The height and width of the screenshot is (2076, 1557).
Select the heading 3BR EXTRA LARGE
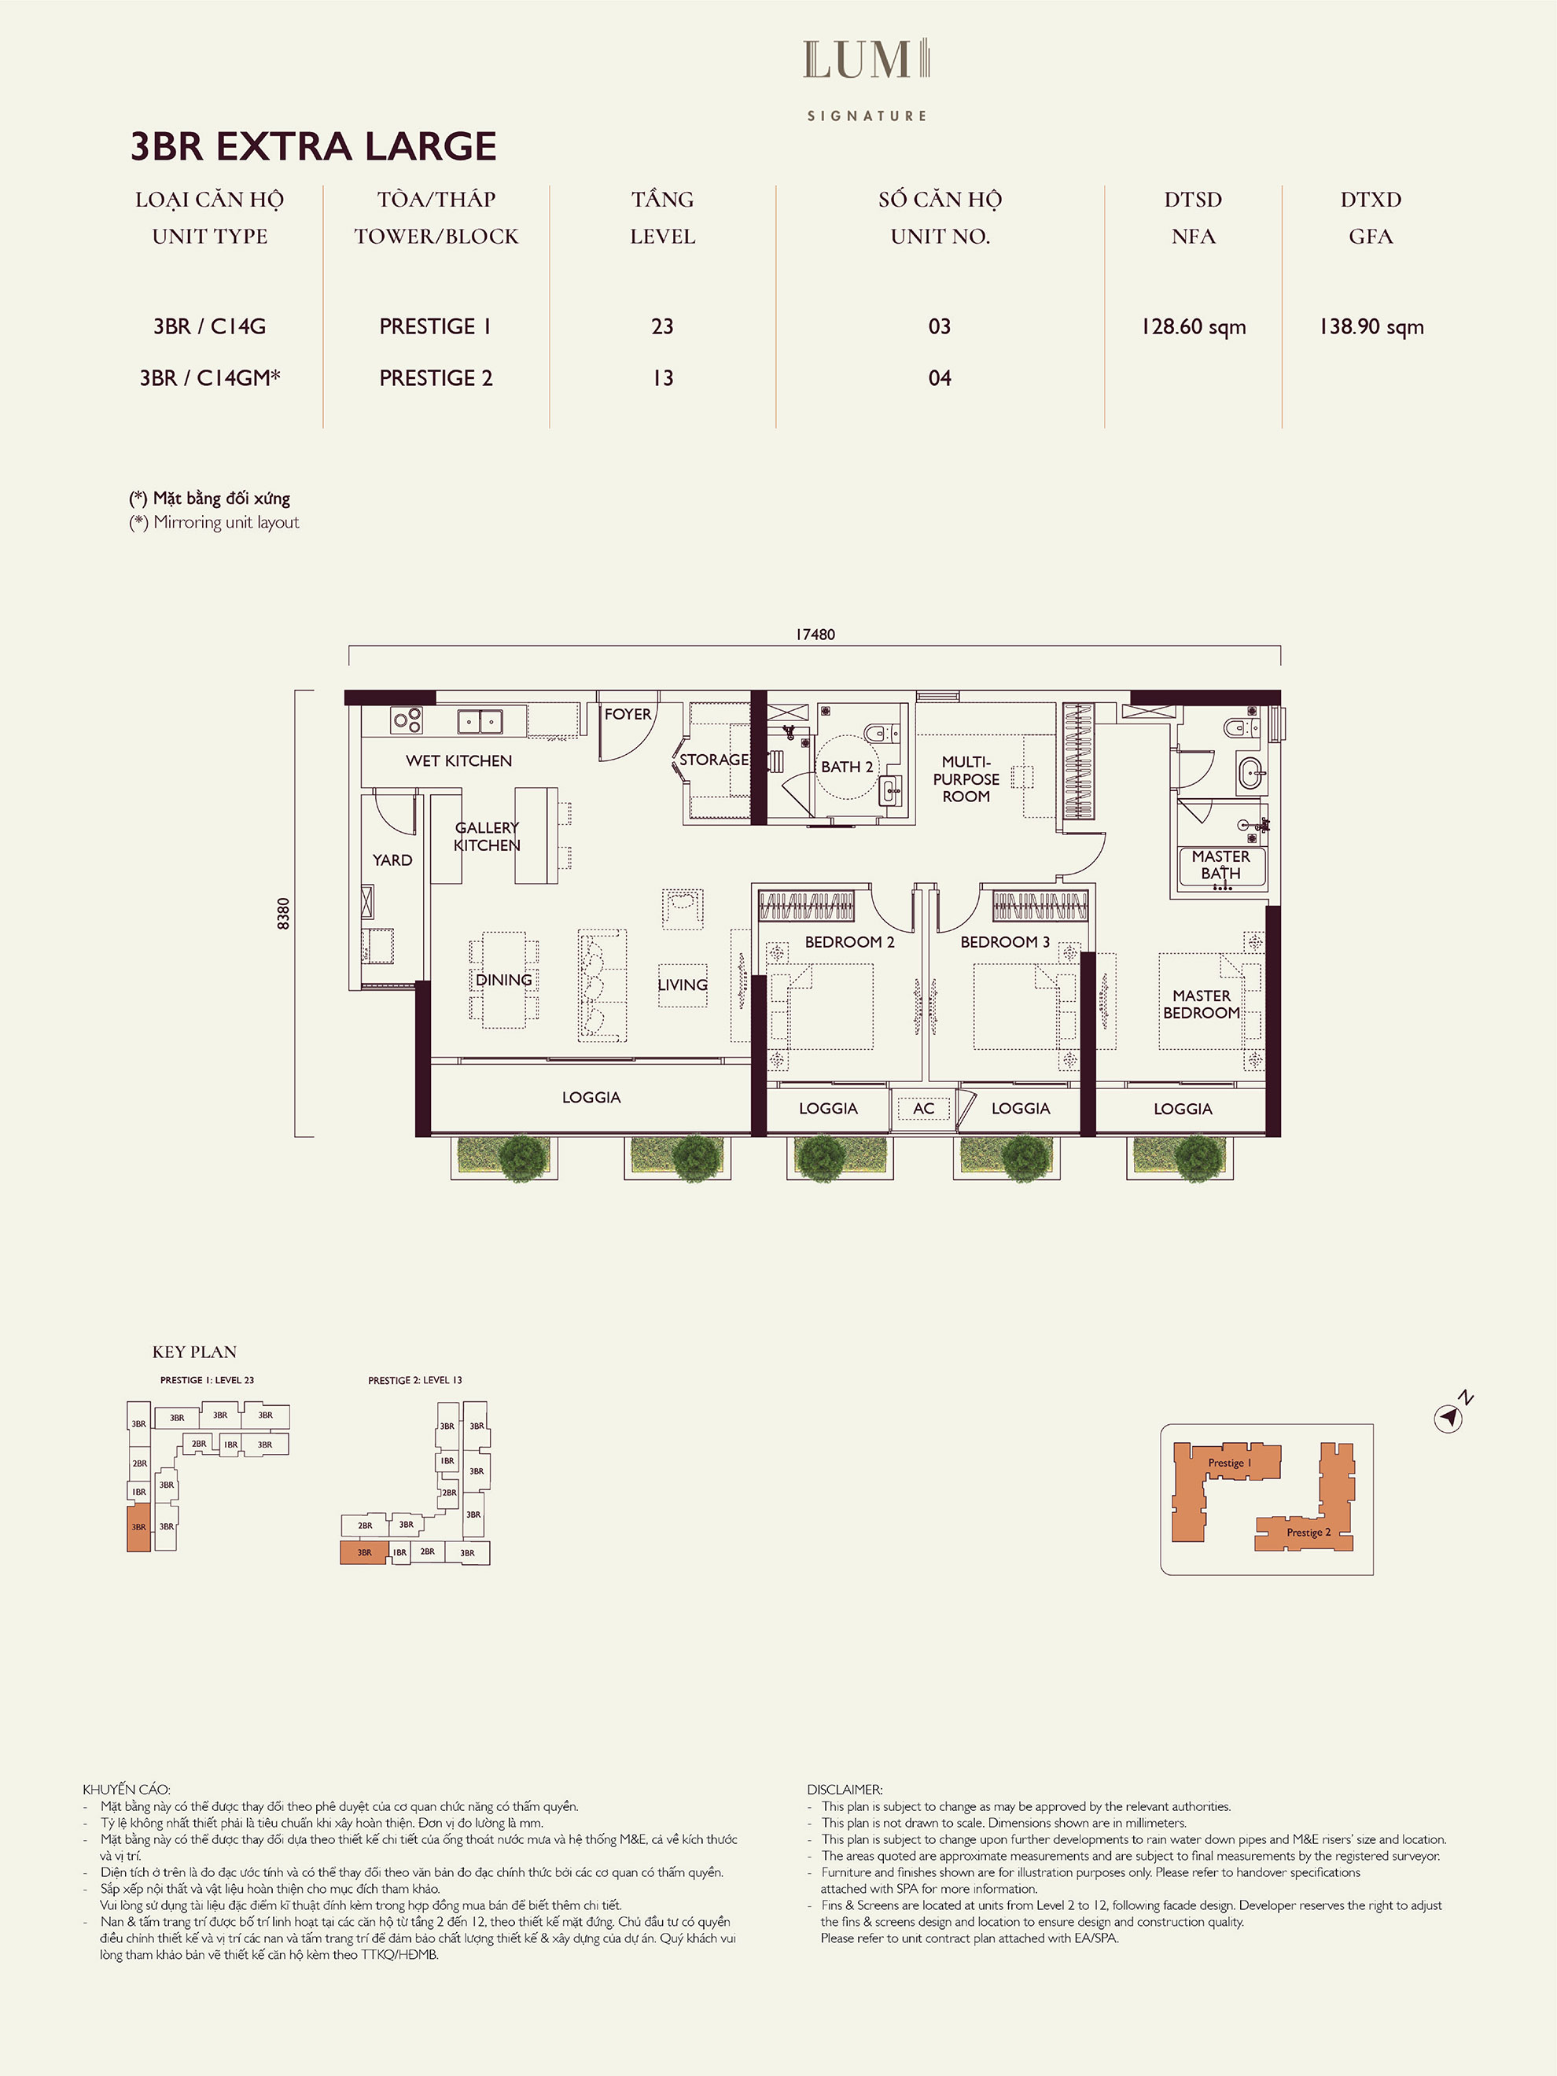coord(314,146)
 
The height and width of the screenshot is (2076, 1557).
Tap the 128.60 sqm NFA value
coord(1193,326)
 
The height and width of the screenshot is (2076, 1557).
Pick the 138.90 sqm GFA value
coord(1371,326)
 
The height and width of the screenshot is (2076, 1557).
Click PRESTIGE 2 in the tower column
coord(436,378)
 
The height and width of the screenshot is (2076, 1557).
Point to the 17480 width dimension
coord(815,635)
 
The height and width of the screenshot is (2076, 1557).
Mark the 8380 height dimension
coord(283,913)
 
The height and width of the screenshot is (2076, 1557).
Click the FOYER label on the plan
coord(628,714)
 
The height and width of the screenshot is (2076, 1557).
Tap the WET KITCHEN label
coord(459,760)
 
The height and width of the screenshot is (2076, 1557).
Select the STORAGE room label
coord(714,760)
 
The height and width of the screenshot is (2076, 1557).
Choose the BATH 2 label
coord(847,767)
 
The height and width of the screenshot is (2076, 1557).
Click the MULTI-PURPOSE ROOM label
coord(966,779)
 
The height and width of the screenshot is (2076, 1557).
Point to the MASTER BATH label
coord(1220,864)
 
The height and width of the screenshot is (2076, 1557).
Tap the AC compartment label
coord(923,1109)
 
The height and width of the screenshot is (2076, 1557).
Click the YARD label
coord(392,859)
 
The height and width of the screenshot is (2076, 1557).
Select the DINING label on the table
coord(504,980)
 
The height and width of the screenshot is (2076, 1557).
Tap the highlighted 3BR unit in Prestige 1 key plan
coord(139,1527)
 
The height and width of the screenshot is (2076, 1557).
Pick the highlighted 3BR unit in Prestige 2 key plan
coord(364,1552)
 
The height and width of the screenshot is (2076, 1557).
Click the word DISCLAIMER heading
coord(845,1790)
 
